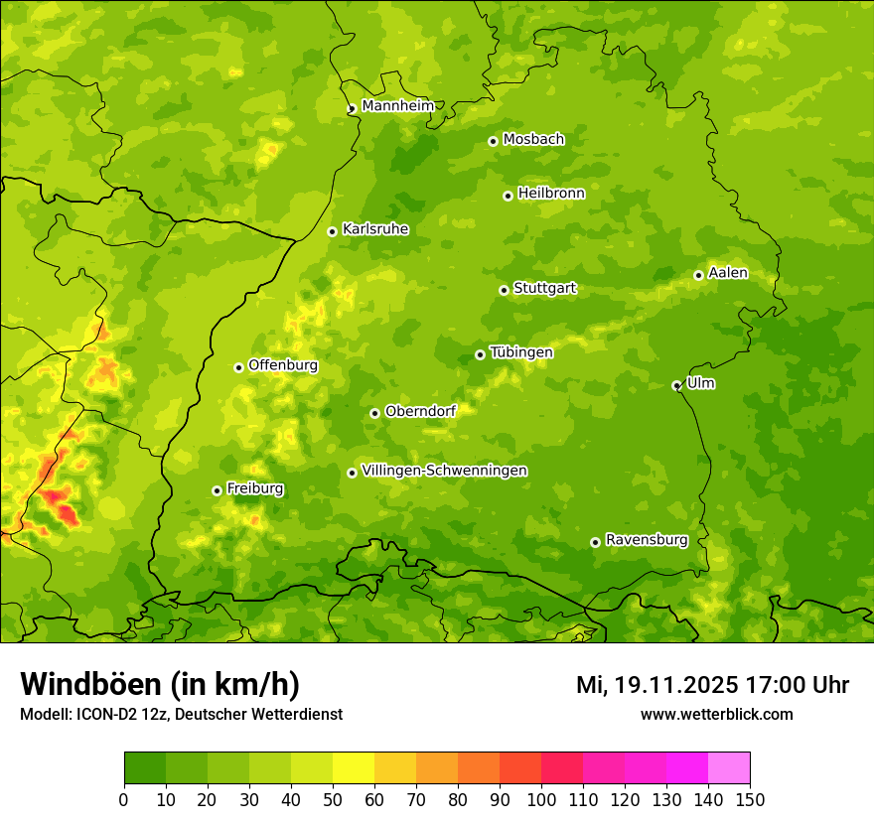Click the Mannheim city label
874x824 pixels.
coord(397,106)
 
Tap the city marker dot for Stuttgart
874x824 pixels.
coord(504,290)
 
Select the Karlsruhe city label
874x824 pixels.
coord(375,229)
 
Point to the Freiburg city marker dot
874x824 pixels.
coord(217,490)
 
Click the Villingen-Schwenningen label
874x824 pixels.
coord(444,471)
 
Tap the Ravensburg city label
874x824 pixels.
coord(647,540)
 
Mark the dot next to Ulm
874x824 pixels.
coord(676,385)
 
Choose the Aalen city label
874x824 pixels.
coord(728,273)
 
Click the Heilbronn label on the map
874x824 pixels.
coord(551,194)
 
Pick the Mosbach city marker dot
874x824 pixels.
coord(493,141)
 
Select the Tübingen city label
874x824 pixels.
coord(521,352)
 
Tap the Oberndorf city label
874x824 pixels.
coord(420,411)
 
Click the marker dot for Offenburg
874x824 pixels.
coord(238,367)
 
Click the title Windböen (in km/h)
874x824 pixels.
coord(160,684)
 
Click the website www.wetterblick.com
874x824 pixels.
coord(716,714)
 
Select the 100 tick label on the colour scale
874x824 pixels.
coord(541,799)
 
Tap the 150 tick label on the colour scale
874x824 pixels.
coord(750,799)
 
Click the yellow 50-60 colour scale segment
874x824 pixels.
coord(354,768)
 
